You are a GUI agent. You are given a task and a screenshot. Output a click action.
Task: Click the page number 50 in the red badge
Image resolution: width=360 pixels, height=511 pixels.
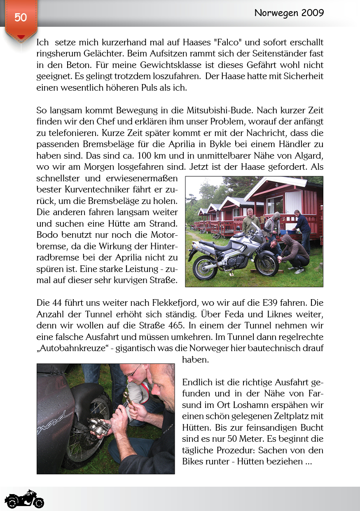pos(21,17)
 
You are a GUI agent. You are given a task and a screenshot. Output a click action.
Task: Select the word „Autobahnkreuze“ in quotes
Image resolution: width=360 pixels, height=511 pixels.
pos(70,348)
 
